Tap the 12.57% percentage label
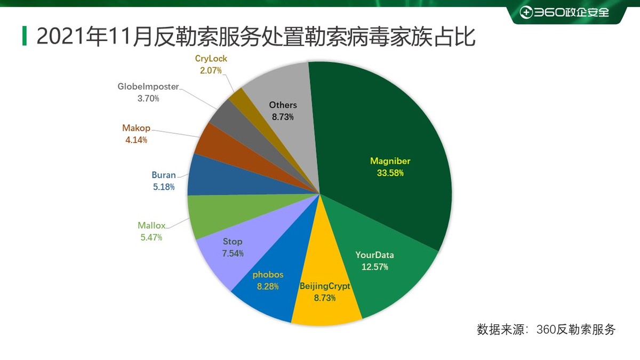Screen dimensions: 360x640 pyautogui.click(x=374, y=267)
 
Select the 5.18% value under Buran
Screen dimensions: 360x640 pyautogui.click(x=163, y=187)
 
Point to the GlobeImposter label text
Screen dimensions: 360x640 pyautogui.click(x=148, y=87)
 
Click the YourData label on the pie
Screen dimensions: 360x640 pyautogui.click(x=374, y=255)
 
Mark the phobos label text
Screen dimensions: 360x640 pyautogui.click(x=268, y=275)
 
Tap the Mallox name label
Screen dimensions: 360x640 pyautogui.click(x=151, y=225)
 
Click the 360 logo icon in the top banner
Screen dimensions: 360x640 pyautogui.click(x=526, y=12)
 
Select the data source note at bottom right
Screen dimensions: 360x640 pyautogui.click(x=546, y=329)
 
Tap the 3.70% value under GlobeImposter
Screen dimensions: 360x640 pyautogui.click(x=148, y=99)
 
